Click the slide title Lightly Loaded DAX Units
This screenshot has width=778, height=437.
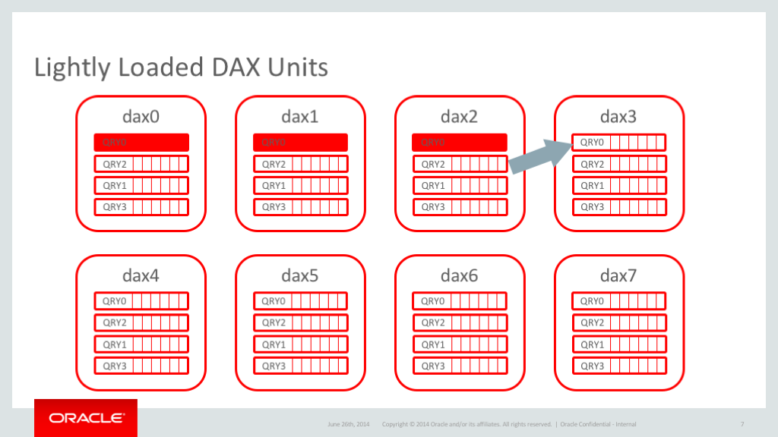pyautogui.click(x=181, y=68)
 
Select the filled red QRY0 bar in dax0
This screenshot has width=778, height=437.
pyautogui.click(x=141, y=142)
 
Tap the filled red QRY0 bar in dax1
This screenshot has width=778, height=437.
pyautogui.click(x=300, y=142)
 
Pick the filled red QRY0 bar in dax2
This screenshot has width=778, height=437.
pyautogui.click(x=459, y=142)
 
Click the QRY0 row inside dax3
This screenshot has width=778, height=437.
pyautogui.click(x=618, y=142)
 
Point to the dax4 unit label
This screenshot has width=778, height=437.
pyautogui.click(x=141, y=275)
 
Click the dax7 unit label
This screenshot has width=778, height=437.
pyautogui.click(x=618, y=275)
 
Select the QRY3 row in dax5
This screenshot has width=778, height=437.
pyautogui.click(x=300, y=366)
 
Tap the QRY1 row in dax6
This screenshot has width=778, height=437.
pyautogui.click(x=460, y=344)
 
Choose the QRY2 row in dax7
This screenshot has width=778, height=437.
pyautogui.click(x=618, y=322)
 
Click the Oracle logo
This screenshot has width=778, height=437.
pyautogui.click(x=86, y=418)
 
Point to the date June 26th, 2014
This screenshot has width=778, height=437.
pyautogui.click(x=348, y=424)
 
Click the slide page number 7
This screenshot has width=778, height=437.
pyautogui.click(x=742, y=424)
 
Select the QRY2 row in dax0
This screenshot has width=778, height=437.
pyautogui.click(x=141, y=164)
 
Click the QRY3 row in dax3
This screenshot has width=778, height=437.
pyautogui.click(x=618, y=206)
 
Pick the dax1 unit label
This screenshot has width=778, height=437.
pyautogui.click(x=300, y=117)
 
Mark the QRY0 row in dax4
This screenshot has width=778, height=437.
pyautogui.click(x=141, y=301)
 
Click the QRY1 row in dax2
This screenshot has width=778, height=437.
pyautogui.click(x=460, y=185)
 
